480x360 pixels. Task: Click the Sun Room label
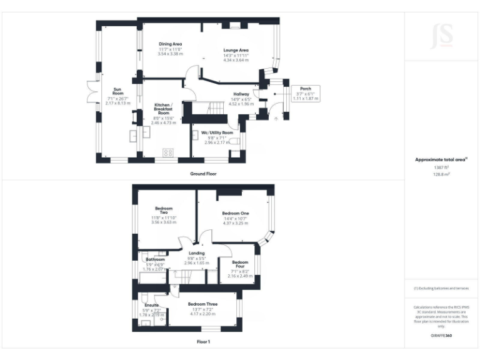[x=117, y=92]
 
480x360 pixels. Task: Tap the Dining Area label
[x=170, y=44]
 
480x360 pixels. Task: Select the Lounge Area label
[x=236, y=50]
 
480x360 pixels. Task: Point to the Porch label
[x=306, y=89]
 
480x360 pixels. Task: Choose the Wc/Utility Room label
[x=217, y=133]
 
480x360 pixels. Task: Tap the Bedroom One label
[x=236, y=214]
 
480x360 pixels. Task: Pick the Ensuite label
[x=152, y=305]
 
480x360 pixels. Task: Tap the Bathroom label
[x=155, y=259]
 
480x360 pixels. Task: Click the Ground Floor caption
[x=203, y=173]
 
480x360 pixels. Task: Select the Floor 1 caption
[x=203, y=342]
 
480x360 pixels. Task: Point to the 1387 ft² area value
[x=442, y=167]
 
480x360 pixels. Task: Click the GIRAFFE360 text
[x=442, y=336]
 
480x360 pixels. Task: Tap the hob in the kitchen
[x=167, y=152]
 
